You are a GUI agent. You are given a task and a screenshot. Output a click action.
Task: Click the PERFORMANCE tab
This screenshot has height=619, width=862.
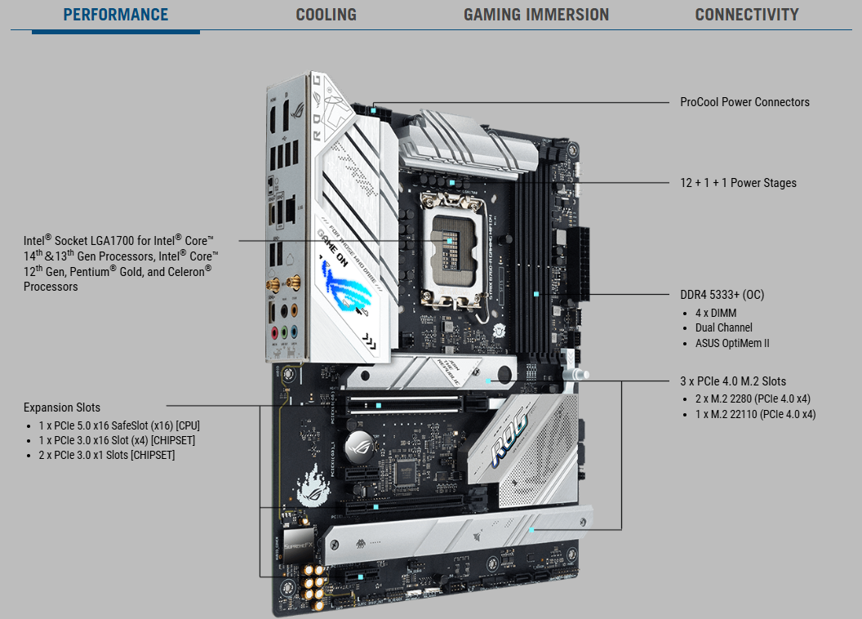pos(115,15)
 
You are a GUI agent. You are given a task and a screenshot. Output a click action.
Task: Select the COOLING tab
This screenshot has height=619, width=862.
pos(326,15)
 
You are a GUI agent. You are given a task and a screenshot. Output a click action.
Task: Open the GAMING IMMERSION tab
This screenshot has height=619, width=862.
pos(536,15)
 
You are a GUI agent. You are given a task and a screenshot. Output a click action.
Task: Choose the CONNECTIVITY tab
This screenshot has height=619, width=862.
pos(747,15)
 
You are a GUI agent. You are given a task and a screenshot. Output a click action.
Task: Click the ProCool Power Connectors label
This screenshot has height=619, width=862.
pos(744,102)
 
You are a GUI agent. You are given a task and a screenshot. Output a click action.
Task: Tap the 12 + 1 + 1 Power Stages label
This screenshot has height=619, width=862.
pos(738,183)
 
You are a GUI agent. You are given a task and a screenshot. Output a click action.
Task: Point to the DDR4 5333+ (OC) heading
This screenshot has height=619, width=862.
pos(722,295)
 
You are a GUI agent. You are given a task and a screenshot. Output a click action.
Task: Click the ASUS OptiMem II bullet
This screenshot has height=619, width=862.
pos(732,343)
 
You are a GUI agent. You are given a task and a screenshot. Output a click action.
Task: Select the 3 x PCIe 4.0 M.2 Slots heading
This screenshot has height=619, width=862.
pos(733,381)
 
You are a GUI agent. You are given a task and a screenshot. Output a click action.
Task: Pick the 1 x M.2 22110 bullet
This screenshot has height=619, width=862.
pos(755,415)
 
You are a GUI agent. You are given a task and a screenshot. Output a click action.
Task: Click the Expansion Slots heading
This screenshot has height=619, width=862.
pos(61,407)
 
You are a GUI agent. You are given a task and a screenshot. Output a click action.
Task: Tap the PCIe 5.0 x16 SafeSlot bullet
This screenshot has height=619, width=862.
pos(119,425)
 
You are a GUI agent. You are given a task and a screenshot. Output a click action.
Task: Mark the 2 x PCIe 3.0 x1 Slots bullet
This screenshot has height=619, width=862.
pos(107,455)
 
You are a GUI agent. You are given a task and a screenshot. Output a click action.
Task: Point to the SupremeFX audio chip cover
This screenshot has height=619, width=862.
pos(299,545)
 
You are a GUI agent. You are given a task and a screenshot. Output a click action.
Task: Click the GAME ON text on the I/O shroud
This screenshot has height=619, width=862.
pos(332,248)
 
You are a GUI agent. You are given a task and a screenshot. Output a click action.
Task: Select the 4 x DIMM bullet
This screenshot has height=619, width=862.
pos(716,313)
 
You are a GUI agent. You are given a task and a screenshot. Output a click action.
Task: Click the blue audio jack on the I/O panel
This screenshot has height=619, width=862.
pos(295,332)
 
